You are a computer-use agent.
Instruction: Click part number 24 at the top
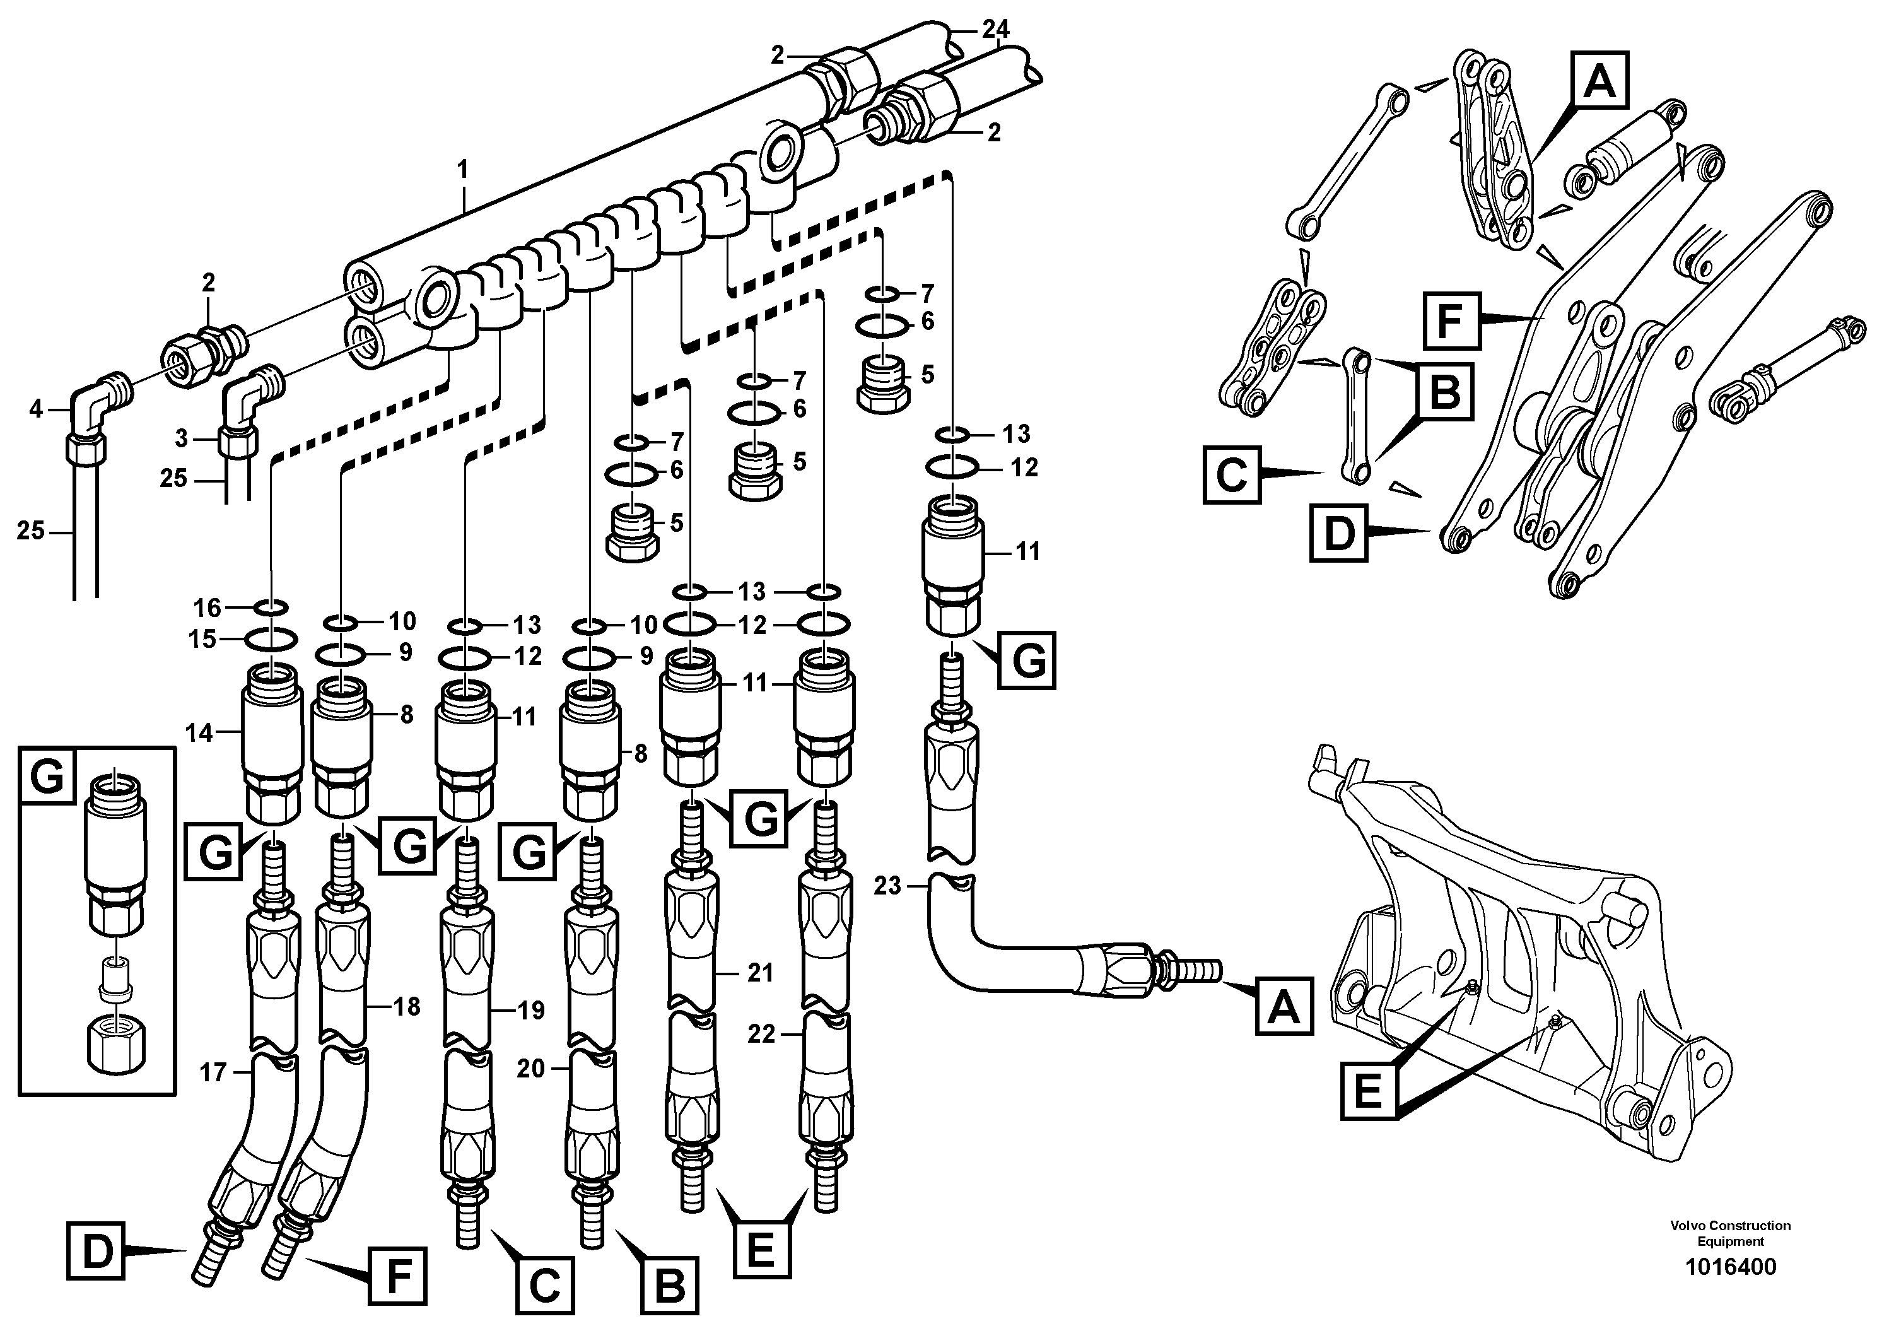(996, 30)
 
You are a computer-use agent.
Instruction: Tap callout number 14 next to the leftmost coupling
(199, 733)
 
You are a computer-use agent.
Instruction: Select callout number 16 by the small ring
(207, 607)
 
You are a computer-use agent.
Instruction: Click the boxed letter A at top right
(1599, 80)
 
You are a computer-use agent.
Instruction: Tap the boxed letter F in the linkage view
(1449, 320)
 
